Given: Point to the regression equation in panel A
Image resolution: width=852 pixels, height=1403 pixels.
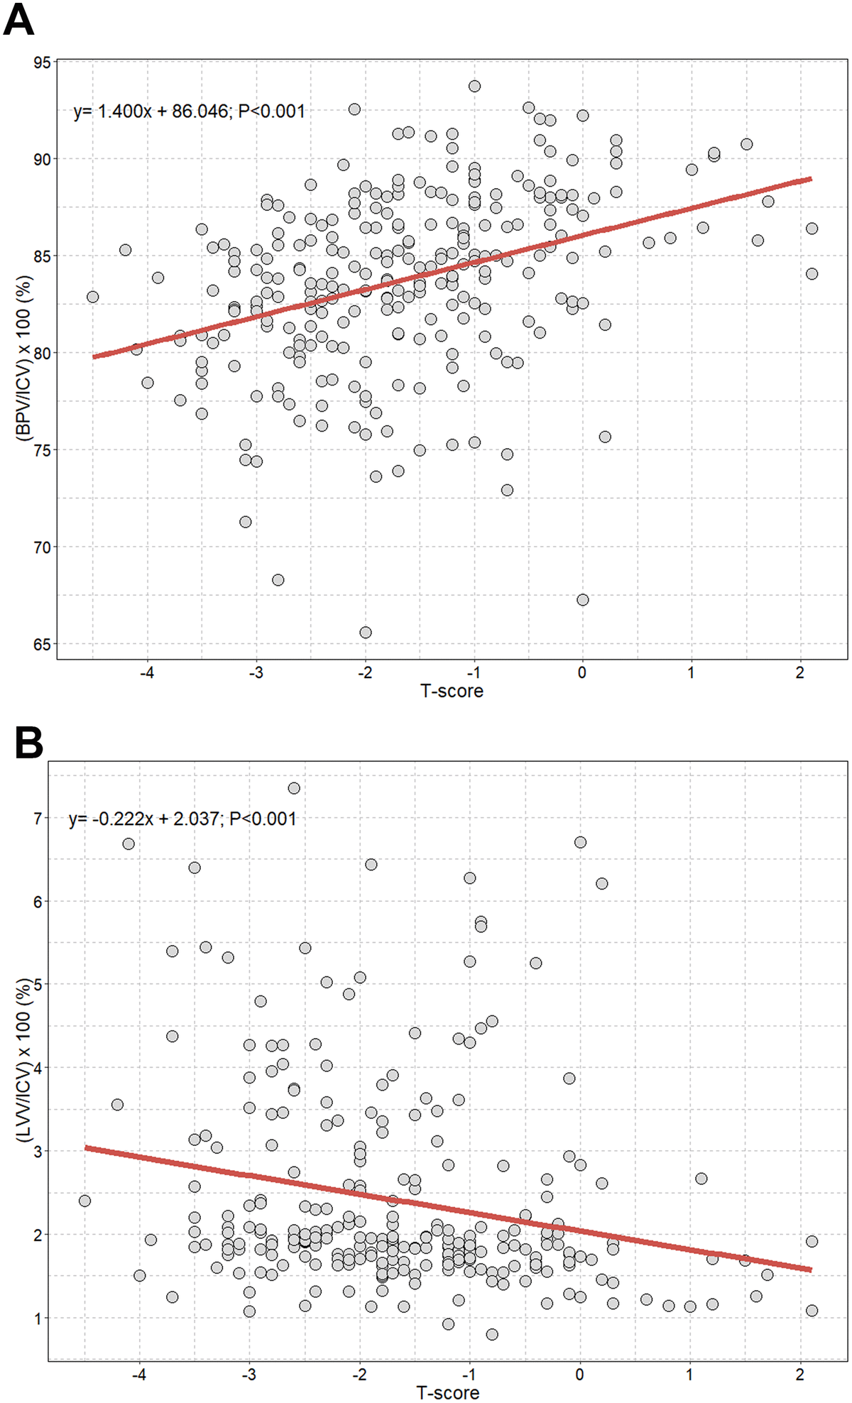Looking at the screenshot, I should [x=189, y=111].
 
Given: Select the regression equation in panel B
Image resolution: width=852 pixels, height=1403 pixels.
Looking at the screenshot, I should [x=182, y=819].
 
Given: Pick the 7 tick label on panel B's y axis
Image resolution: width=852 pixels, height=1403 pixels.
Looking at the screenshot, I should [x=37, y=818].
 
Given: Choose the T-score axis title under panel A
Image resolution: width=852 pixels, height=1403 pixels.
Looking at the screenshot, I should [x=452, y=691].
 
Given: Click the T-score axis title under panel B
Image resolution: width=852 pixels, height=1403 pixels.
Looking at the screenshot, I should [x=447, y=1392].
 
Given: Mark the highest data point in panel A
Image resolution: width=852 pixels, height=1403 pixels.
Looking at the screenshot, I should [x=474, y=86].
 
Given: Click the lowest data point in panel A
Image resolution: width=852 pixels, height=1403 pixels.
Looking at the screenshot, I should [x=366, y=632].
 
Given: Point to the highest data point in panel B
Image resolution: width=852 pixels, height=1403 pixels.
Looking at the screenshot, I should [x=294, y=788].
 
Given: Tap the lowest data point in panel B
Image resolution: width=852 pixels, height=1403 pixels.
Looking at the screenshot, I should [x=492, y=1334].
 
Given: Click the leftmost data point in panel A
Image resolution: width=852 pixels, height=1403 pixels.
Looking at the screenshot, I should [x=92, y=297].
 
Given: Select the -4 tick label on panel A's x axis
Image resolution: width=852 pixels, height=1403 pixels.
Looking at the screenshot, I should [x=147, y=672].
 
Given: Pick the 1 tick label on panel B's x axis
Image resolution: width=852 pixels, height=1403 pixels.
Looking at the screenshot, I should [x=689, y=1374].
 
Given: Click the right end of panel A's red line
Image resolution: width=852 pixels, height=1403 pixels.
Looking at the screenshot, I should [x=810, y=179].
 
